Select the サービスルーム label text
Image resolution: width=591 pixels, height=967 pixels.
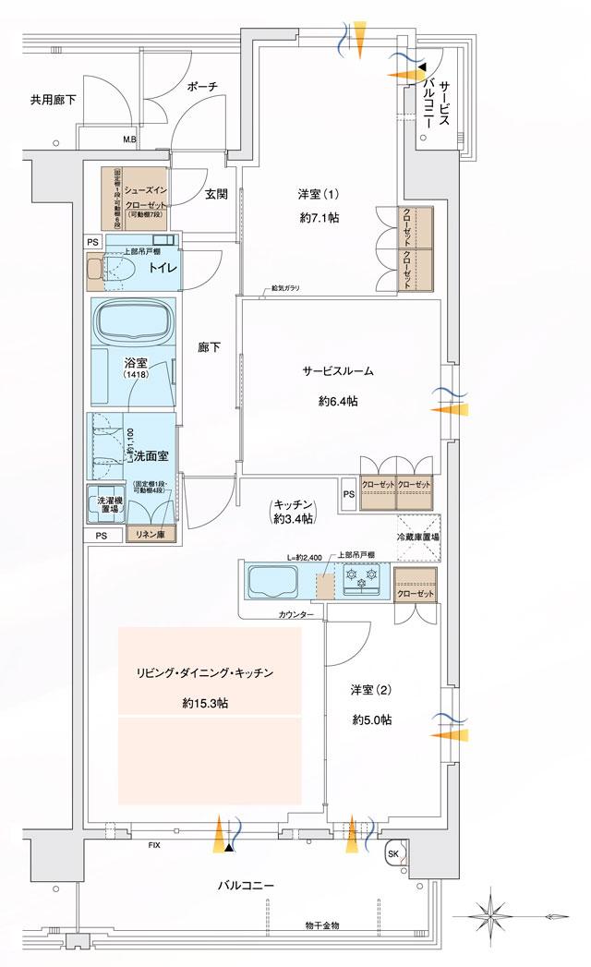tap(337, 371)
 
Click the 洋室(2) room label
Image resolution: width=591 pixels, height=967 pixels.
tap(368, 689)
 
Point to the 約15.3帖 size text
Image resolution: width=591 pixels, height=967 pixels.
tap(206, 704)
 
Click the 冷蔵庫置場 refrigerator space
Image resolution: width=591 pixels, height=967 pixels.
tap(417, 537)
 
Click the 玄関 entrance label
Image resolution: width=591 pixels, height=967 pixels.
tap(217, 194)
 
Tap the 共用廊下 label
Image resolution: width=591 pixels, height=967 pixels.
tap(53, 99)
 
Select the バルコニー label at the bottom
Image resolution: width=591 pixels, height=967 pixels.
tap(246, 886)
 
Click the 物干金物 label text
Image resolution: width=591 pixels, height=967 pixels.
tap(322, 924)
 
